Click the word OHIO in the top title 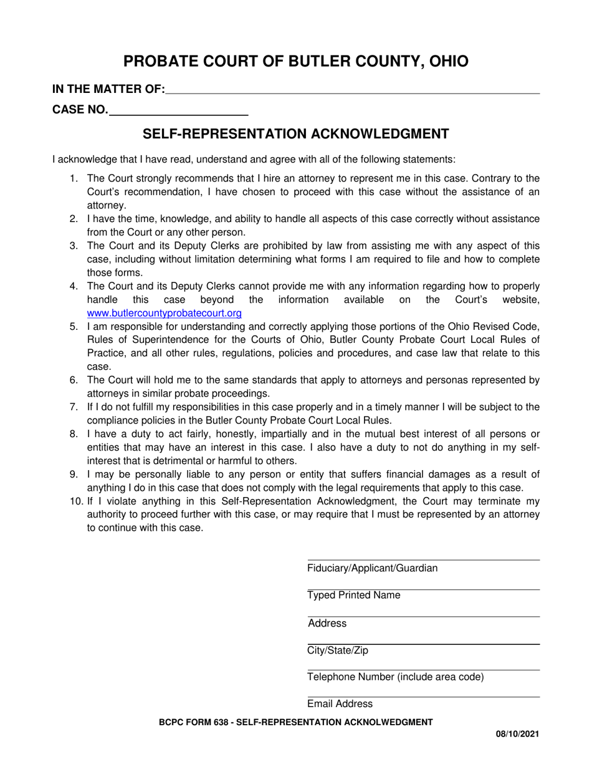pyautogui.click(x=446, y=61)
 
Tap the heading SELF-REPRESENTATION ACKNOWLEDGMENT pyautogui.click(x=296, y=134)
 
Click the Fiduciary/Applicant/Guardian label pyautogui.click(x=372, y=568)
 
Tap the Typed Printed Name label pyautogui.click(x=353, y=596)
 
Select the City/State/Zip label pyautogui.click(x=337, y=651)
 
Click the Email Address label pyautogui.click(x=340, y=704)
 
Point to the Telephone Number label pyautogui.click(x=395, y=677)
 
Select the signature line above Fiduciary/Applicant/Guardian pyautogui.click(x=423, y=560)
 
